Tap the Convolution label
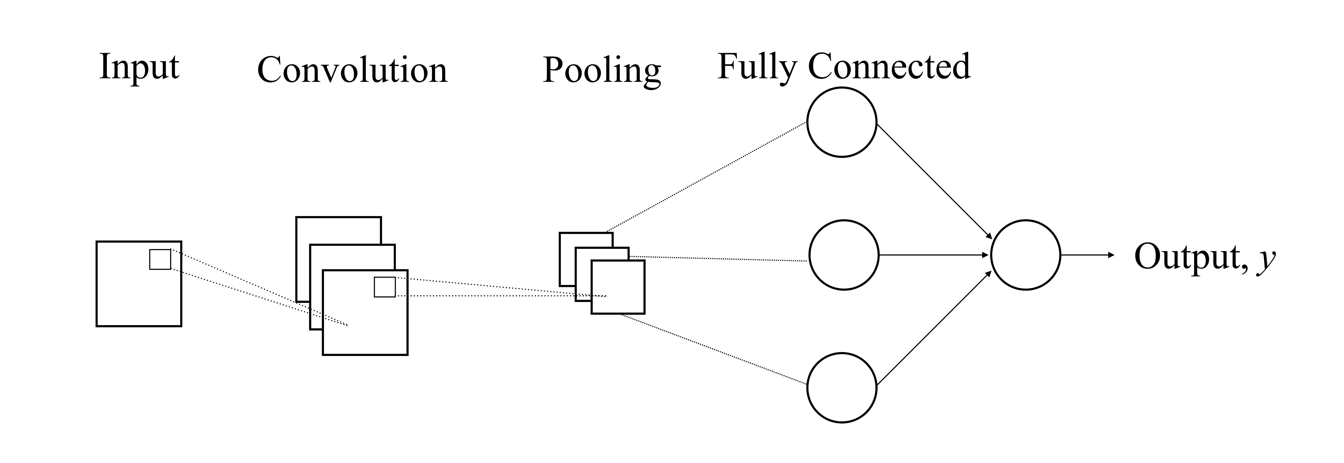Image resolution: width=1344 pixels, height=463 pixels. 352,70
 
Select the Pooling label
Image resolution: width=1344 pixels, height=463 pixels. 601,70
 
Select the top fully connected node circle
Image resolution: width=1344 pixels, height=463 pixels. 842,122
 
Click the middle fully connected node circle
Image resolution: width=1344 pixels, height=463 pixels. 844,255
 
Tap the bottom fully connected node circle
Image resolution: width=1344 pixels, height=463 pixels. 842,388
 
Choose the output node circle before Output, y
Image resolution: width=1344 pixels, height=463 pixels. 1025,255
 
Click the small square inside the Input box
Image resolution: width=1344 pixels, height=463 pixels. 160,260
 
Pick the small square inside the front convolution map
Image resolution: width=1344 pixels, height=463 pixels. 385,287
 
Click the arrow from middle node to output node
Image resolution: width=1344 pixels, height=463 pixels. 934,255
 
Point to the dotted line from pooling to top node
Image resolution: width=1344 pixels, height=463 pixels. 707,177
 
